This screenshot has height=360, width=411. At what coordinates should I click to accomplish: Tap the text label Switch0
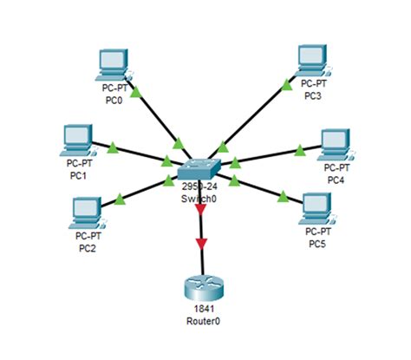[200, 197]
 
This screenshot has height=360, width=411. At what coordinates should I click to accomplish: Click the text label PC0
[110, 99]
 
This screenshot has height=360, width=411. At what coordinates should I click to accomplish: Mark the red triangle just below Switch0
[201, 209]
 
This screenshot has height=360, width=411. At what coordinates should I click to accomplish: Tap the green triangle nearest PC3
[286, 84]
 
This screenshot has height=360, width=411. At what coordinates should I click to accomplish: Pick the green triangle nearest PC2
[121, 202]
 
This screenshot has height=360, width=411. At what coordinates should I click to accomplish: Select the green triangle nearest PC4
[299, 151]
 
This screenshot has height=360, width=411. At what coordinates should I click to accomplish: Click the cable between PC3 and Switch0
[256, 113]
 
